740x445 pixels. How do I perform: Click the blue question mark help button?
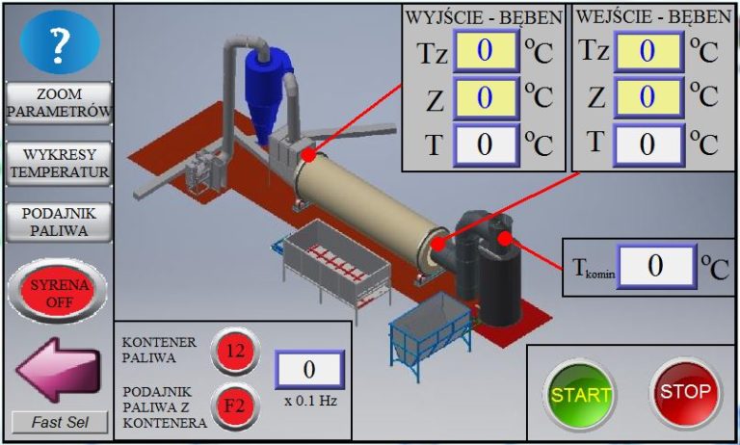click(60, 42)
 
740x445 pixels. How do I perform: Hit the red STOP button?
click(685, 392)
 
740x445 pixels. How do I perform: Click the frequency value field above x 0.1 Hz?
click(309, 369)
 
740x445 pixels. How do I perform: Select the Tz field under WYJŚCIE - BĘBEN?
click(485, 50)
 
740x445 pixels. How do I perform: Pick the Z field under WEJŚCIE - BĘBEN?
click(647, 96)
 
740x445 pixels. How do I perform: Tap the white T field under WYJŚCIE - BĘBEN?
click(485, 144)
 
